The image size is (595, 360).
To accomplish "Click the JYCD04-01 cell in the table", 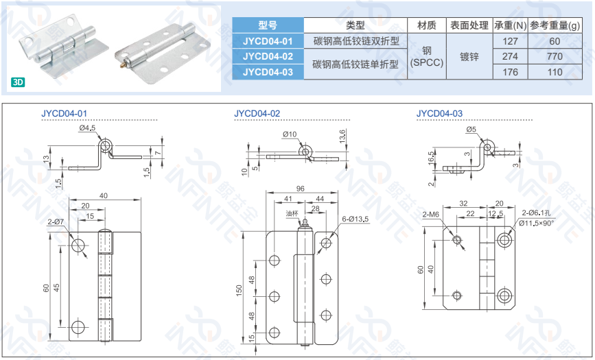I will click(x=268, y=41).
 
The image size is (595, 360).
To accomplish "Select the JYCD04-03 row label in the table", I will click(x=268, y=71).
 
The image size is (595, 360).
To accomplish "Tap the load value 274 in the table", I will click(x=510, y=56).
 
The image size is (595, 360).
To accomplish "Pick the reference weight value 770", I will click(x=555, y=56).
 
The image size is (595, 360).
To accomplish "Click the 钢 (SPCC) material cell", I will click(x=427, y=56).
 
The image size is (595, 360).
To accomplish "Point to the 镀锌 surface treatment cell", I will click(x=469, y=56).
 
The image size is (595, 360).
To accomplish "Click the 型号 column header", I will click(x=268, y=25).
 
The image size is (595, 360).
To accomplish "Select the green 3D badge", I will click(x=18, y=82).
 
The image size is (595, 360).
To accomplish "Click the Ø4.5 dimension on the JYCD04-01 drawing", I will click(x=86, y=129).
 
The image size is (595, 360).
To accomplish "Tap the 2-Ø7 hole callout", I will click(x=56, y=222).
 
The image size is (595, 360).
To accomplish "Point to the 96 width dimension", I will click(x=300, y=189).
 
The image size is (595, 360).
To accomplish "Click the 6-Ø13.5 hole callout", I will click(x=355, y=219).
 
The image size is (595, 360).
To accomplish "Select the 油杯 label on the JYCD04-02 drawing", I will click(x=292, y=213).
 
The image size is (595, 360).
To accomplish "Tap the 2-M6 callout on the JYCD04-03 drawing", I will click(x=431, y=215).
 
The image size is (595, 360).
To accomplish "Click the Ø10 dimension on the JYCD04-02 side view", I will click(x=290, y=134).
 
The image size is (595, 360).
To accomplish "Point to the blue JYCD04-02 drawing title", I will click(x=257, y=113).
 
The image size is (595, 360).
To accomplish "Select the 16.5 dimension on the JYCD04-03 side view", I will click(x=431, y=158).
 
